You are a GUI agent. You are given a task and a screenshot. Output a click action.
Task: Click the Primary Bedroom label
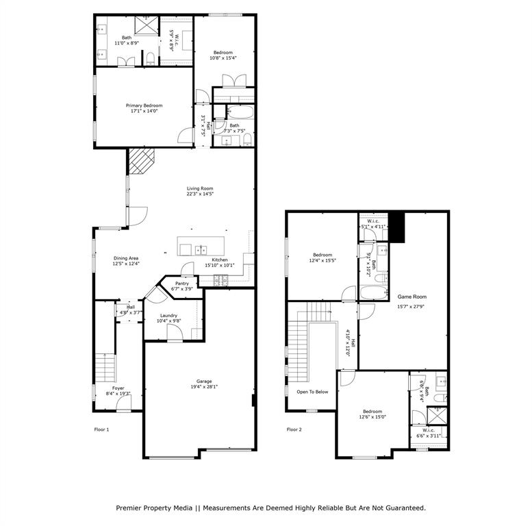[x=144, y=105]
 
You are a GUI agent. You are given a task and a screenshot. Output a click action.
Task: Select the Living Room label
[x=201, y=188]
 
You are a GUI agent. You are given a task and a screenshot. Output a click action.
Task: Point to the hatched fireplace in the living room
[x=142, y=163]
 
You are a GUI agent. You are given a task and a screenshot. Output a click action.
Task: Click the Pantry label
[x=181, y=283]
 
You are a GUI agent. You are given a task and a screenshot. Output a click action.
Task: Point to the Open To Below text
[x=312, y=392]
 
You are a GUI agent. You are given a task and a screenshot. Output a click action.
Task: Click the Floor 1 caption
[x=101, y=429]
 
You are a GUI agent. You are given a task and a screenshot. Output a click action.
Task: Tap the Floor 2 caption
[x=294, y=429]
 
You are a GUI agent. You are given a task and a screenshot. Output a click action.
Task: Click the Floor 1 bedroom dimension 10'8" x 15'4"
[x=223, y=59]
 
